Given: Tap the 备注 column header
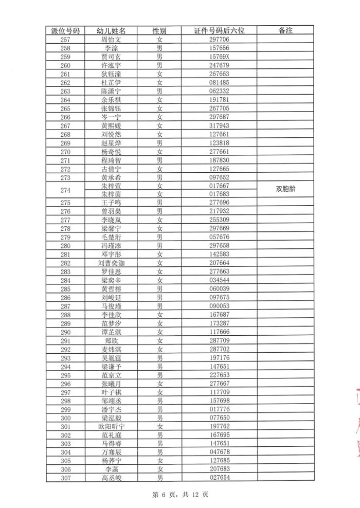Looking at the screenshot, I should [285, 30].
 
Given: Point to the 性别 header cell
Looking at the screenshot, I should [160, 30].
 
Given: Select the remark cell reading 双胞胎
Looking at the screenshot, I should [285, 189].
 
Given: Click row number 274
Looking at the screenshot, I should [65, 190].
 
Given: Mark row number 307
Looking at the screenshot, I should [65, 478].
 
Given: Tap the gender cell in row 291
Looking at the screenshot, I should [160, 340].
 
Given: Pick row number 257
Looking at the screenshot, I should [65, 39].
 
